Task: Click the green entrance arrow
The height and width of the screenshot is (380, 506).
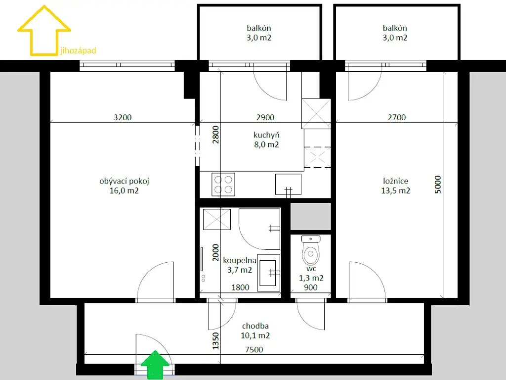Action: pyautogui.click(x=155, y=365)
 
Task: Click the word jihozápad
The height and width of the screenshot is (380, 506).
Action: pyautogui.click(x=78, y=51)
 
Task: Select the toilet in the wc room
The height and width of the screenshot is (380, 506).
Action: pyautogui.click(x=311, y=250)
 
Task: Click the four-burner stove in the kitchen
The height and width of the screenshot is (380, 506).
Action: pyautogui.click(x=223, y=185)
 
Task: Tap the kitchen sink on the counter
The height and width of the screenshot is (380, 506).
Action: pyautogui.click(x=288, y=185)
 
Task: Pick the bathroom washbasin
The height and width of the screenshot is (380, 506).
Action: pyautogui.click(x=268, y=273)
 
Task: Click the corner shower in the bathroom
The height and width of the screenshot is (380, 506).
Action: pyautogui.click(x=259, y=229)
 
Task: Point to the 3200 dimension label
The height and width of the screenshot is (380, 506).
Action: pyautogui.click(x=123, y=117)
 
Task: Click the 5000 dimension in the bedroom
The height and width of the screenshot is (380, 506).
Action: pyautogui.click(x=438, y=185)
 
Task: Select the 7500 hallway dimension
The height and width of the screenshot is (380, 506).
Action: pyautogui.click(x=254, y=350)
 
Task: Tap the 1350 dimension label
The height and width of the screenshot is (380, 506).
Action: pyautogui.click(x=215, y=341)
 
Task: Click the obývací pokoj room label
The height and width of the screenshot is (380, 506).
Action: pyautogui.click(x=124, y=181)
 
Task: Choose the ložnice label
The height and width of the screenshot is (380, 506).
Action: pyautogui.click(x=396, y=181)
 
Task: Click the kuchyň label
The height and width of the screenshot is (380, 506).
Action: pyautogui.click(x=266, y=135)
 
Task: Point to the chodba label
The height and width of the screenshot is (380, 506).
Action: pyautogui.click(x=255, y=326)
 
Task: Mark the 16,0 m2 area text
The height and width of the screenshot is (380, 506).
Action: pyautogui.click(x=124, y=190)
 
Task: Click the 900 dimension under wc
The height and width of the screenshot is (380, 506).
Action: pyautogui.click(x=311, y=287)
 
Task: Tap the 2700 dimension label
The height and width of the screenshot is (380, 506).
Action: pyautogui.click(x=397, y=117)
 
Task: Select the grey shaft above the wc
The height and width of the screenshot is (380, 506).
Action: pyautogui.click(x=311, y=217)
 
